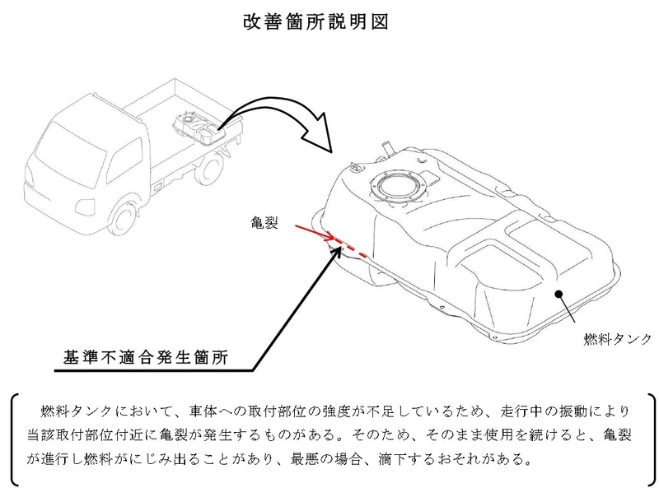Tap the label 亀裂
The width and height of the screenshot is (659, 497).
tap(267, 222)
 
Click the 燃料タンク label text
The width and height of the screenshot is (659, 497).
tap(617, 338)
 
